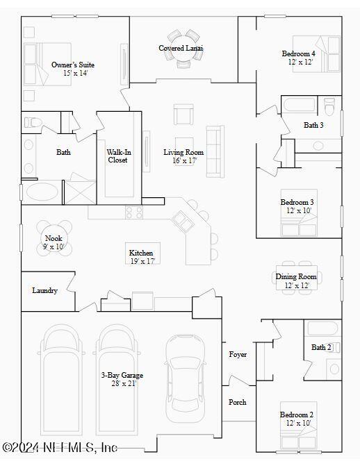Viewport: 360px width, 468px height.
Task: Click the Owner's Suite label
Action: coord(73,65)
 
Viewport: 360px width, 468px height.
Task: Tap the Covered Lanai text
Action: coord(181,48)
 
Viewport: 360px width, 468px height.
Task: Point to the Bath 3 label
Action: coord(313,125)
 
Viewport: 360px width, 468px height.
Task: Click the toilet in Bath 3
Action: coord(330,108)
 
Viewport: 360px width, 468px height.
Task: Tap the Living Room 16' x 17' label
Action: coord(183,156)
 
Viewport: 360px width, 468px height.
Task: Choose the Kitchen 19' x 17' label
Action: coord(141,256)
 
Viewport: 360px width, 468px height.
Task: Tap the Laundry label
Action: coord(44,290)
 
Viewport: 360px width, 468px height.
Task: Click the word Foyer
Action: coord(238,354)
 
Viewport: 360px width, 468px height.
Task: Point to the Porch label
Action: coord(238,402)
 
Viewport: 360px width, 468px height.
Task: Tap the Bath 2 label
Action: coord(321,347)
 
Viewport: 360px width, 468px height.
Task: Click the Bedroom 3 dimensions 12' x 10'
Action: coord(297,210)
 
